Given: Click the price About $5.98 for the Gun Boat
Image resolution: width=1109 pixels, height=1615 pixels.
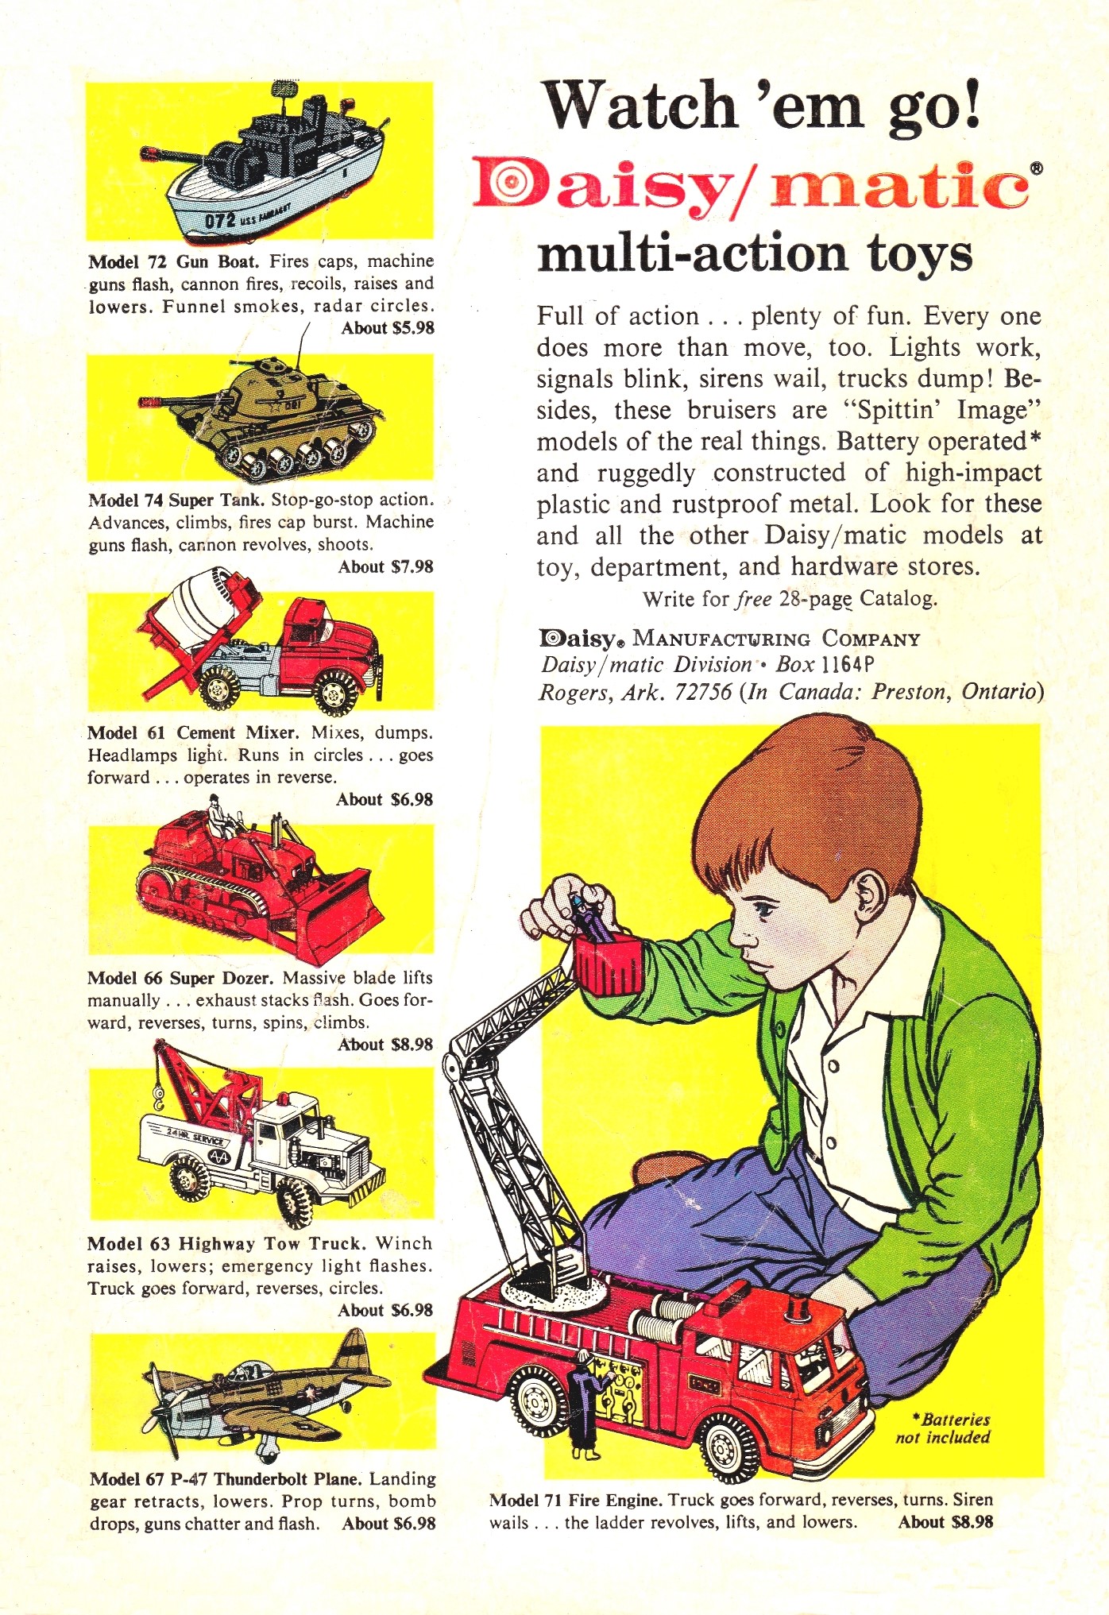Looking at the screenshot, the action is (388, 328).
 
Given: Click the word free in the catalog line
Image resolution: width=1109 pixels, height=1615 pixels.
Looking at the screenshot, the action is (754, 598).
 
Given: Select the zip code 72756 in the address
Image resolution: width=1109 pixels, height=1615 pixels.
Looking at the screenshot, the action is (703, 693).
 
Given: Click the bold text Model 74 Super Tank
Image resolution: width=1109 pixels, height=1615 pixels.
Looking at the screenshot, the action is (177, 500).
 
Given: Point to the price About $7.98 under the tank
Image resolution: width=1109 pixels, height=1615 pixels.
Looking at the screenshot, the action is (386, 567).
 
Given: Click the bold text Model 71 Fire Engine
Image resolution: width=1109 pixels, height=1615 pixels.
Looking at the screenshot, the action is (576, 1500).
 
